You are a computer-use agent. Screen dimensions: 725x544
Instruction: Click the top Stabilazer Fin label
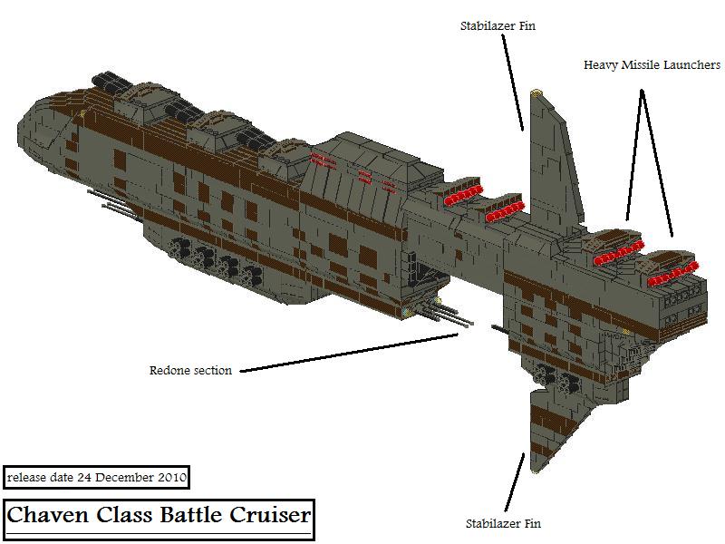click(x=498, y=26)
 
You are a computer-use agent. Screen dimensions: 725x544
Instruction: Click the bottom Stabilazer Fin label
click(x=503, y=524)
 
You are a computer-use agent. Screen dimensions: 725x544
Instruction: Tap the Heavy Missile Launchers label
click(x=652, y=64)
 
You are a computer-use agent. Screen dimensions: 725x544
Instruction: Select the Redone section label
click(x=190, y=370)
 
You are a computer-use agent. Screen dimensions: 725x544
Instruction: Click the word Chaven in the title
click(x=47, y=515)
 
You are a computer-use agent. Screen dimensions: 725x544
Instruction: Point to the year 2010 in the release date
click(x=172, y=477)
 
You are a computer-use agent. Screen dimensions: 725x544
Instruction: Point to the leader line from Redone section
click(x=349, y=353)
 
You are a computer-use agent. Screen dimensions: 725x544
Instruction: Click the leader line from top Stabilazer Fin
click(x=513, y=82)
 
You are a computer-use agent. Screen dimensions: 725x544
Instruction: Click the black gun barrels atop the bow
click(x=111, y=82)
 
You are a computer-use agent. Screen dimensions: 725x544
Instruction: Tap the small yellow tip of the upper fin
click(x=536, y=92)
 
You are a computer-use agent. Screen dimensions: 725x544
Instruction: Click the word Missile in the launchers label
click(x=641, y=64)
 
